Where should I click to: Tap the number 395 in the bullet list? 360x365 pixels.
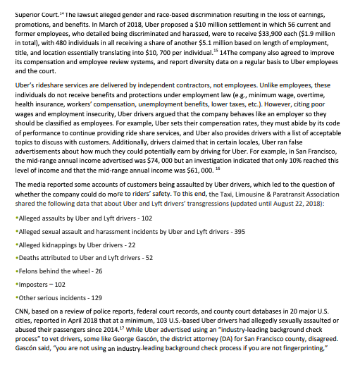coord(237,231)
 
